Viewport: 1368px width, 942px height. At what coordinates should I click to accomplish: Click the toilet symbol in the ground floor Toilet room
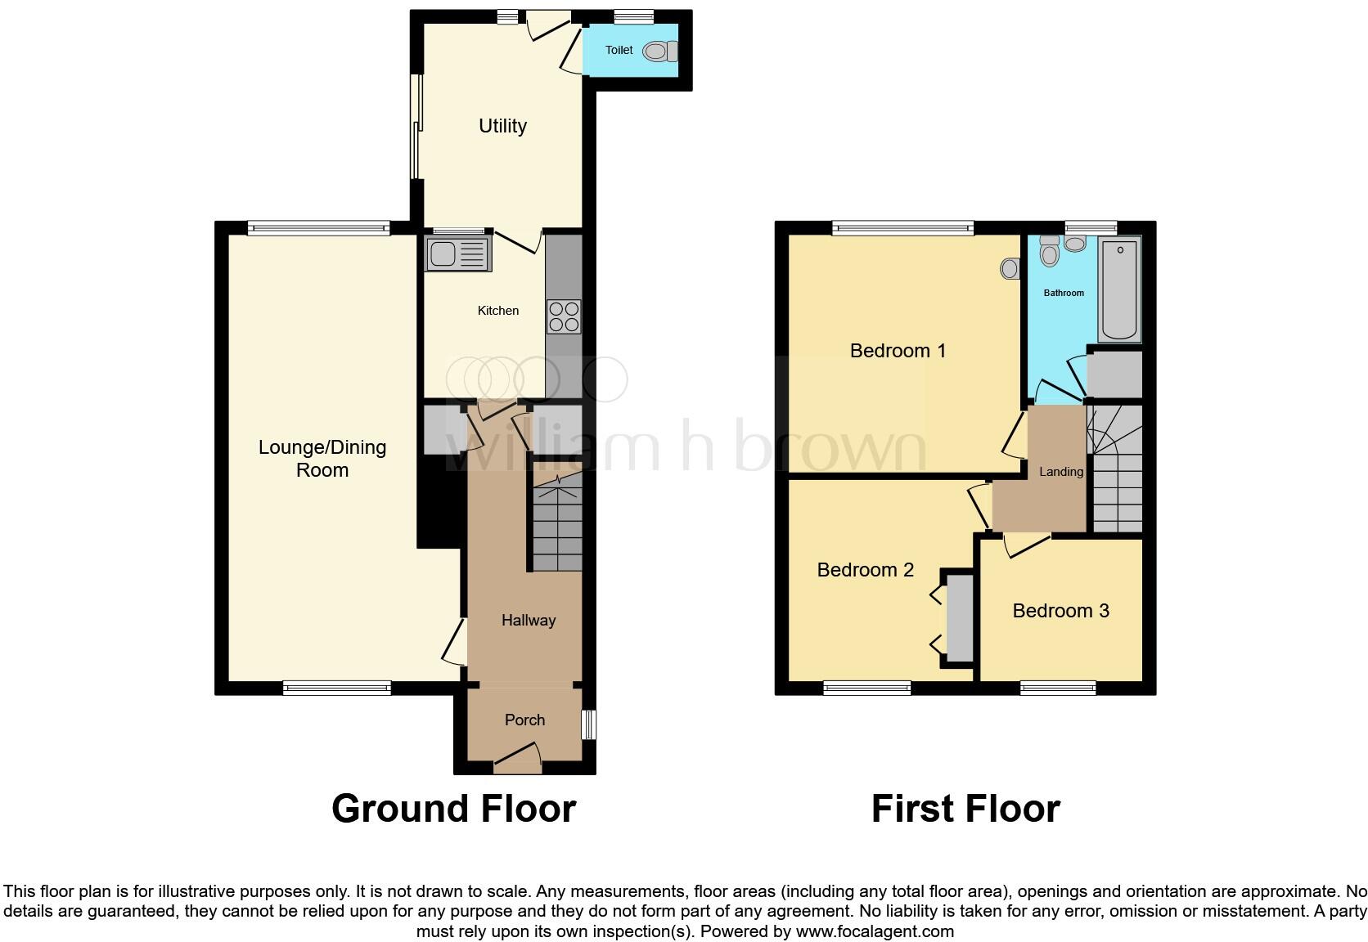(659, 52)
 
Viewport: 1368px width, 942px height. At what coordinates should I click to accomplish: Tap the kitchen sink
(457, 254)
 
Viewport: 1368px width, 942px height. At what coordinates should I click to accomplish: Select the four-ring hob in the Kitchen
(564, 317)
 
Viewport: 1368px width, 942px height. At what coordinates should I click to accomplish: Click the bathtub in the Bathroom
(1120, 289)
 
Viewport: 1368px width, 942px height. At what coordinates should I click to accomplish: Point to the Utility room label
(502, 126)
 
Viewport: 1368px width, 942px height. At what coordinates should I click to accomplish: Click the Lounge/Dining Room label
(322, 459)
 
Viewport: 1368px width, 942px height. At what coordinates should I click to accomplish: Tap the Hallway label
(529, 621)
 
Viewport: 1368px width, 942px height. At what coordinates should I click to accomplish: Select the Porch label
(524, 720)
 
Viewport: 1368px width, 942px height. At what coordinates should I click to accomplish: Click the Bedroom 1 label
(898, 351)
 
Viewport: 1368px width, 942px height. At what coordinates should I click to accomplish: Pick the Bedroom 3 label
(1060, 611)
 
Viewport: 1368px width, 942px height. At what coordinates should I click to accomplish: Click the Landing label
(1061, 472)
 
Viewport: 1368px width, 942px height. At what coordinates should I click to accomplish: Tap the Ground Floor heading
(453, 809)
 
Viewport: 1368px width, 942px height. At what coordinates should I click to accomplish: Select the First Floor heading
(965, 809)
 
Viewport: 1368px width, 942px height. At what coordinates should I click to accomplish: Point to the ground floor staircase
(557, 523)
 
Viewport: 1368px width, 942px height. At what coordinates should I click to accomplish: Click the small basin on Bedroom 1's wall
(1010, 268)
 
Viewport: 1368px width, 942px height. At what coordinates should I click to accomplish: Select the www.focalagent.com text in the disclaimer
(875, 931)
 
